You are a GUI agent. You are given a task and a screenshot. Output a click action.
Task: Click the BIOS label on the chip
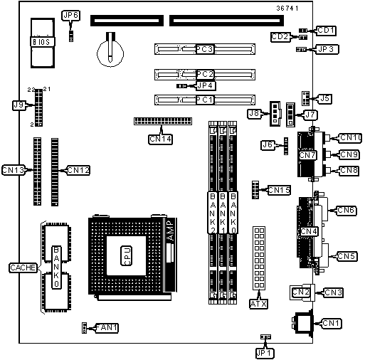[43, 42]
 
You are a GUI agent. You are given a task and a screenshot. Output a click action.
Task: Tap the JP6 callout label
[70, 16]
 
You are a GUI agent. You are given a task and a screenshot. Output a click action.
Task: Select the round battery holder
[110, 53]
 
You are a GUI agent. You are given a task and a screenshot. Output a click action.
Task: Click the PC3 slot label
[205, 49]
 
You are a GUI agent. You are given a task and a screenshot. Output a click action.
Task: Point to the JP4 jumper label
[206, 85]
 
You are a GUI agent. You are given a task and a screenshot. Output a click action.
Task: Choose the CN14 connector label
[160, 139]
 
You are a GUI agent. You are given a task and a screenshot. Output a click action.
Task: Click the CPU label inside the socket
[127, 255]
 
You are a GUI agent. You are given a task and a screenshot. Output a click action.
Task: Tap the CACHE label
[23, 268]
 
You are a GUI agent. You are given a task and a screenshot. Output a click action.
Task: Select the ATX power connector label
[258, 304]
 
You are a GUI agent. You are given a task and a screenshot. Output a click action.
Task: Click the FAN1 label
[107, 328]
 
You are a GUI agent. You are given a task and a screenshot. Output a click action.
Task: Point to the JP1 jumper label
[265, 354]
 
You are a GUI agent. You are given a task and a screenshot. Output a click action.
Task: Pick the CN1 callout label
[332, 324]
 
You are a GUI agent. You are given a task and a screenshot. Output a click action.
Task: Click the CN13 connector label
[14, 170]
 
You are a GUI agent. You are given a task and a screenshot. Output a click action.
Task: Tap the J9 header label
[19, 105]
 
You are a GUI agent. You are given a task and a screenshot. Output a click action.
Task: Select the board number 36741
[287, 9]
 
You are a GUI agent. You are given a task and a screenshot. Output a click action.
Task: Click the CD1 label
[326, 31]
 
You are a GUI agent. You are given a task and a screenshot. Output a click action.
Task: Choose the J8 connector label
[254, 114]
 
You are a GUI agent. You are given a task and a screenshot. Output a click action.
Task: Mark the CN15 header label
[279, 190]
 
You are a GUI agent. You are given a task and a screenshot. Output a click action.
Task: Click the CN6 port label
[347, 211]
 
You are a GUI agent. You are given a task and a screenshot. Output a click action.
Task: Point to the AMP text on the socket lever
[171, 231]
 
